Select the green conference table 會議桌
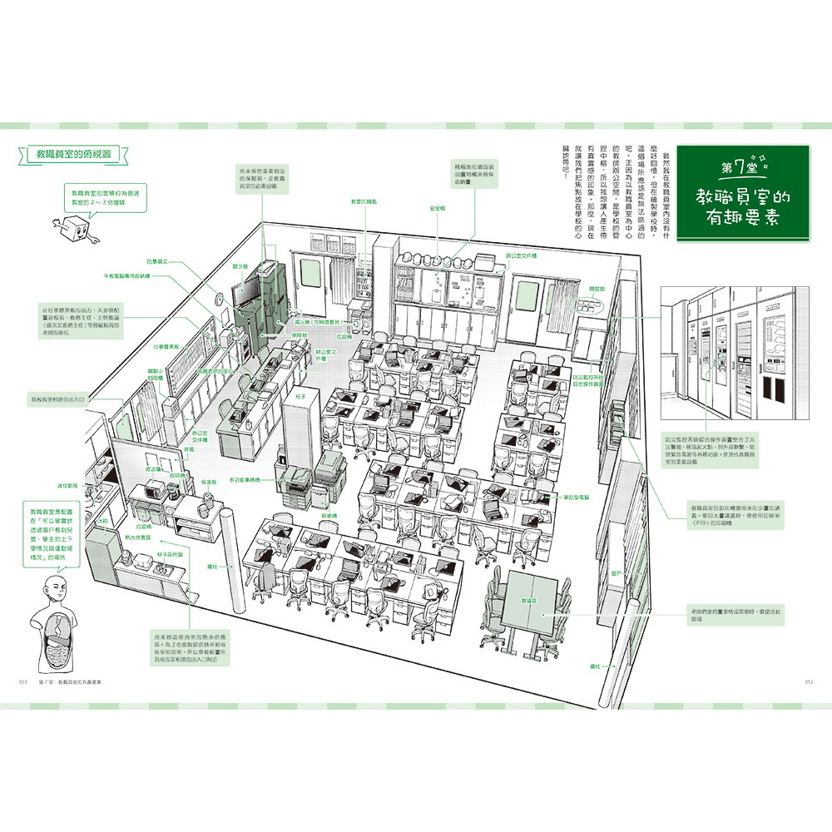point(530,602)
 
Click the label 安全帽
point(438,208)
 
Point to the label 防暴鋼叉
point(158,261)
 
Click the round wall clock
point(219,296)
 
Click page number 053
point(22,681)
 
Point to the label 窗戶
point(617,573)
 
